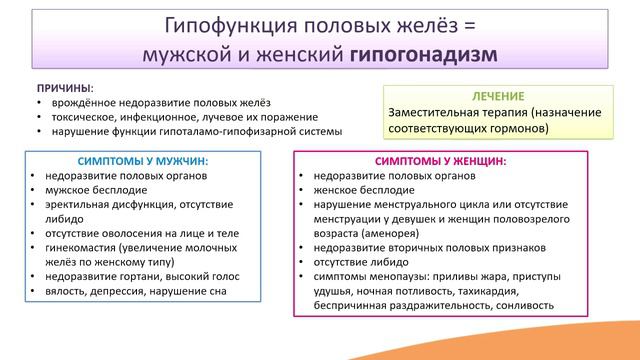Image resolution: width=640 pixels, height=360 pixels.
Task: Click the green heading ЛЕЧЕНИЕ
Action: pos(495,96)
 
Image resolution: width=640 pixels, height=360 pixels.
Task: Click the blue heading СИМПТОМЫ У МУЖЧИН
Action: pos(142,160)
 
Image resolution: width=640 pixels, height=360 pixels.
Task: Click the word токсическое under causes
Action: pos(79,117)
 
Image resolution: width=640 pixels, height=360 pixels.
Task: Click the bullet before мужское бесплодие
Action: pos(34,189)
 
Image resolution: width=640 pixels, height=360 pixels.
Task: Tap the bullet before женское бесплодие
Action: pos(302,189)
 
